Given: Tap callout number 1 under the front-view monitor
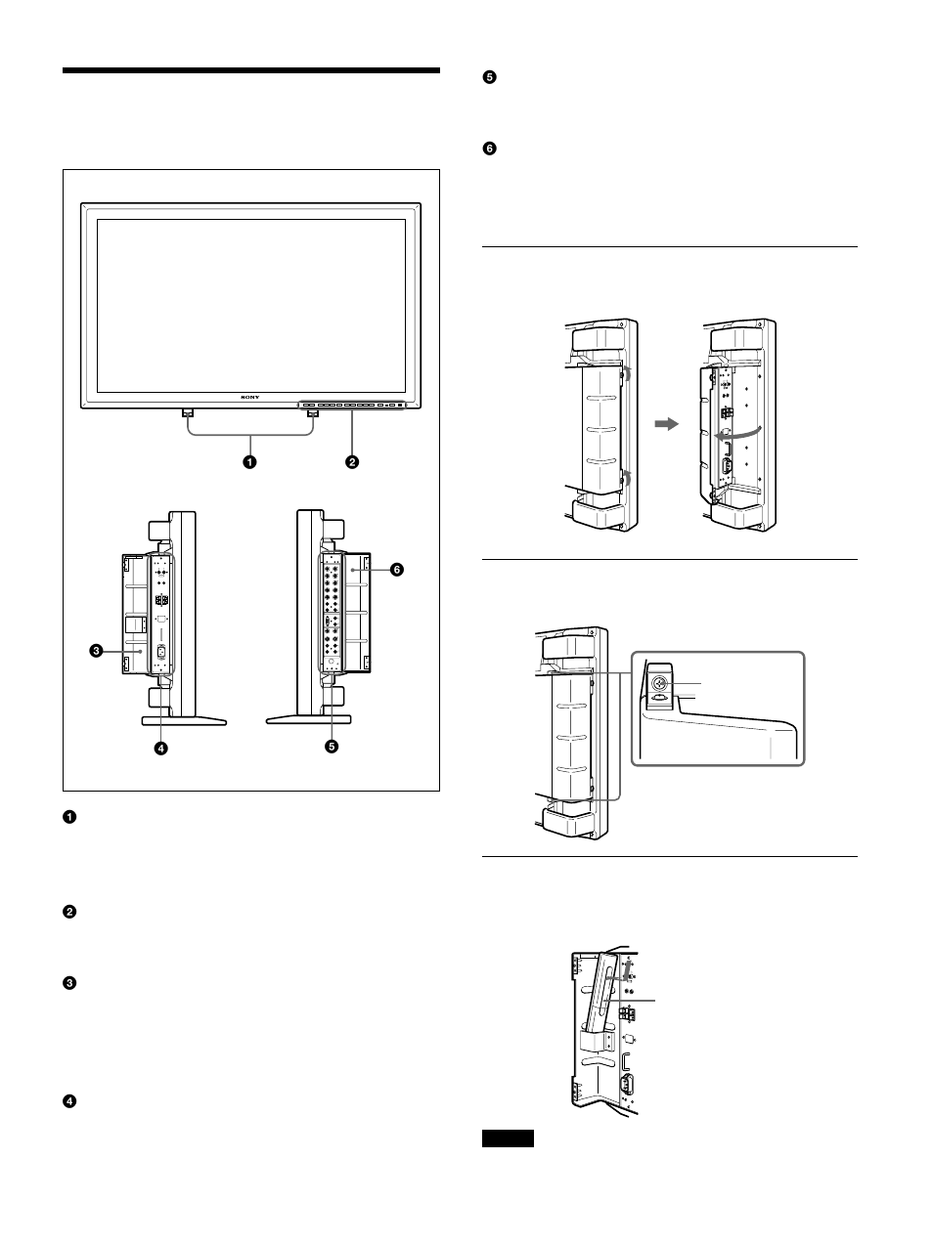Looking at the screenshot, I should click(x=249, y=461).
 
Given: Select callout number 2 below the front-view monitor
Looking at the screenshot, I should click(x=352, y=461).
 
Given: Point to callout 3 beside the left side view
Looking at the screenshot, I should click(x=97, y=648).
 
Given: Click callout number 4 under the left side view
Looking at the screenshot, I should click(x=160, y=747).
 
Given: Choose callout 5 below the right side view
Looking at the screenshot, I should click(x=332, y=747).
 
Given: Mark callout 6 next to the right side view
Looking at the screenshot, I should click(x=397, y=569).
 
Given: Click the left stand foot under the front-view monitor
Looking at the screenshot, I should click(x=187, y=413).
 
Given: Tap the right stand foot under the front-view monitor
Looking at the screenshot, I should click(x=313, y=413).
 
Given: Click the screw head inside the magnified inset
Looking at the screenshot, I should click(x=659, y=685).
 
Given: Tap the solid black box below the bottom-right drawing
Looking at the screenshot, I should click(x=508, y=1138).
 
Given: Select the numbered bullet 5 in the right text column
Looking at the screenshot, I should click(x=490, y=77).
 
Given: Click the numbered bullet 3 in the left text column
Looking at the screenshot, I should click(x=69, y=983).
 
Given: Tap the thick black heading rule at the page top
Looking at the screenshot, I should click(x=250, y=70).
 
